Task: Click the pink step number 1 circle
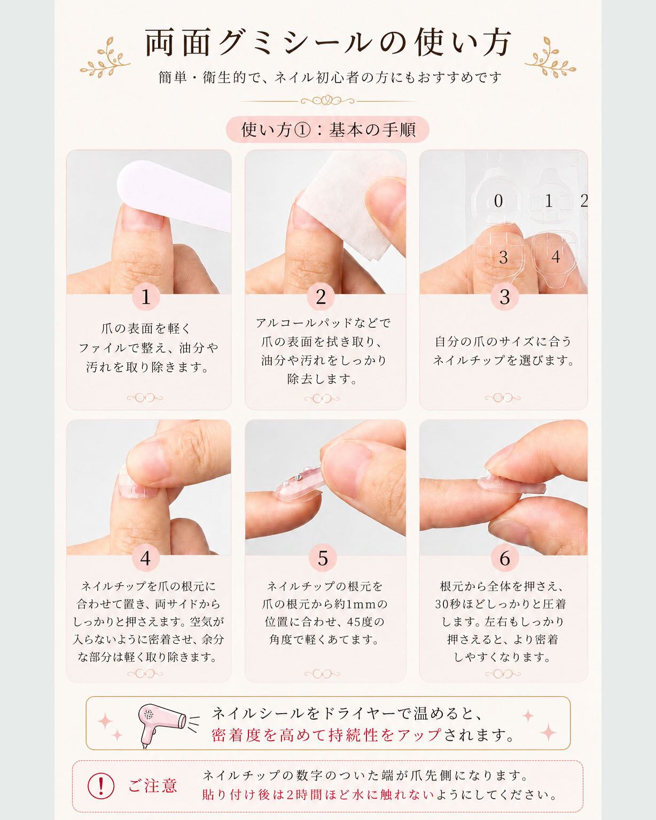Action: coord(146,297)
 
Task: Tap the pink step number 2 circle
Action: coord(321,297)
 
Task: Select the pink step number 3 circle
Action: coord(505,297)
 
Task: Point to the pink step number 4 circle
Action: coord(146,558)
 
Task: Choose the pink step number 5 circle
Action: coord(323,558)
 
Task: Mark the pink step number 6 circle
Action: coord(505,558)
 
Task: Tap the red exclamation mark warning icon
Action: coord(100,785)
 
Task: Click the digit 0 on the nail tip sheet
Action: coord(498,201)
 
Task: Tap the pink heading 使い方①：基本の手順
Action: coord(328,130)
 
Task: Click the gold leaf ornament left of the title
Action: coord(105,58)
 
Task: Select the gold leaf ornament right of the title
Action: coord(550,58)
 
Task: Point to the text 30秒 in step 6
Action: coord(449,604)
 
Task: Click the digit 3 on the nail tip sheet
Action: coord(503,257)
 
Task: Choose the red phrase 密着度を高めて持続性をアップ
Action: coord(326,735)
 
